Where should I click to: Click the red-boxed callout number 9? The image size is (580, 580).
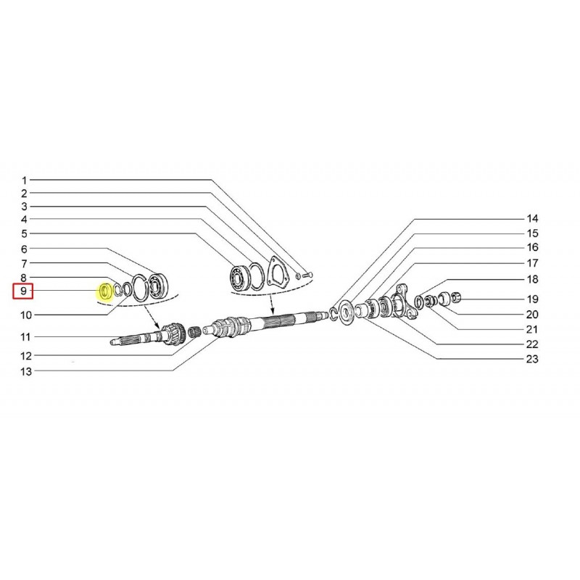tap(23, 291)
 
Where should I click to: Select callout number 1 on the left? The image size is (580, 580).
tap(25, 181)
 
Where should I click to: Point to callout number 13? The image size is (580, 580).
tap(26, 371)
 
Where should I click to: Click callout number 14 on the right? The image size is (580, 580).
tap(532, 219)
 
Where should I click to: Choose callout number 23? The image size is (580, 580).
tap(532, 359)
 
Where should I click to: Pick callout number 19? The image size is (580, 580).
tap(532, 299)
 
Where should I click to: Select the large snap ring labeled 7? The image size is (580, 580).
tap(140, 288)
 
